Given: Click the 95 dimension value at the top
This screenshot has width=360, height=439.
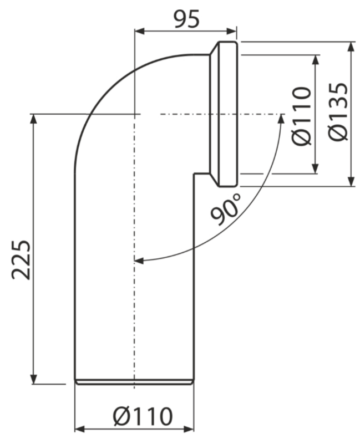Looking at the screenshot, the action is click(x=186, y=19).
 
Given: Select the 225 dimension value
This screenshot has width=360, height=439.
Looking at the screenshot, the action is click(x=21, y=259).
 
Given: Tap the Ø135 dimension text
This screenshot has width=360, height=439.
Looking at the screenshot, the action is click(x=338, y=112).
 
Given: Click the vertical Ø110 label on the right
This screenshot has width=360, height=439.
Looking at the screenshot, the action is click(x=301, y=115).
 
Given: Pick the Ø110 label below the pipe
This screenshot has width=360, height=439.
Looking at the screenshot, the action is click(x=143, y=416).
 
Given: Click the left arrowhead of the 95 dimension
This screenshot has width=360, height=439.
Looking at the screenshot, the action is click(x=140, y=31).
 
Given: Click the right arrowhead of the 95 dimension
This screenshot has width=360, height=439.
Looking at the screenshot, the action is click(x=232, y=31).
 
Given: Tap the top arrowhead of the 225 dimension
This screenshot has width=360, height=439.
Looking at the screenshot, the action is click(x=33, y=119).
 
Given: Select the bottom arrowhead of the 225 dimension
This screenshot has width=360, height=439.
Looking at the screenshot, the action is click(x=33, y=379).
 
